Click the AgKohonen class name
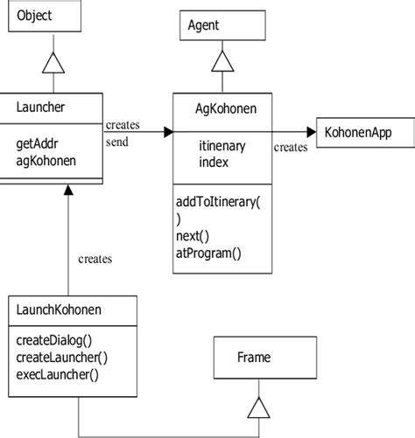coord(223,108)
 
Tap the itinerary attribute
coord(223,145)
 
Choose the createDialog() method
coord(54,338)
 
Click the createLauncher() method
coord(61,357)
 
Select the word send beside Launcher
coord(116,142)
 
